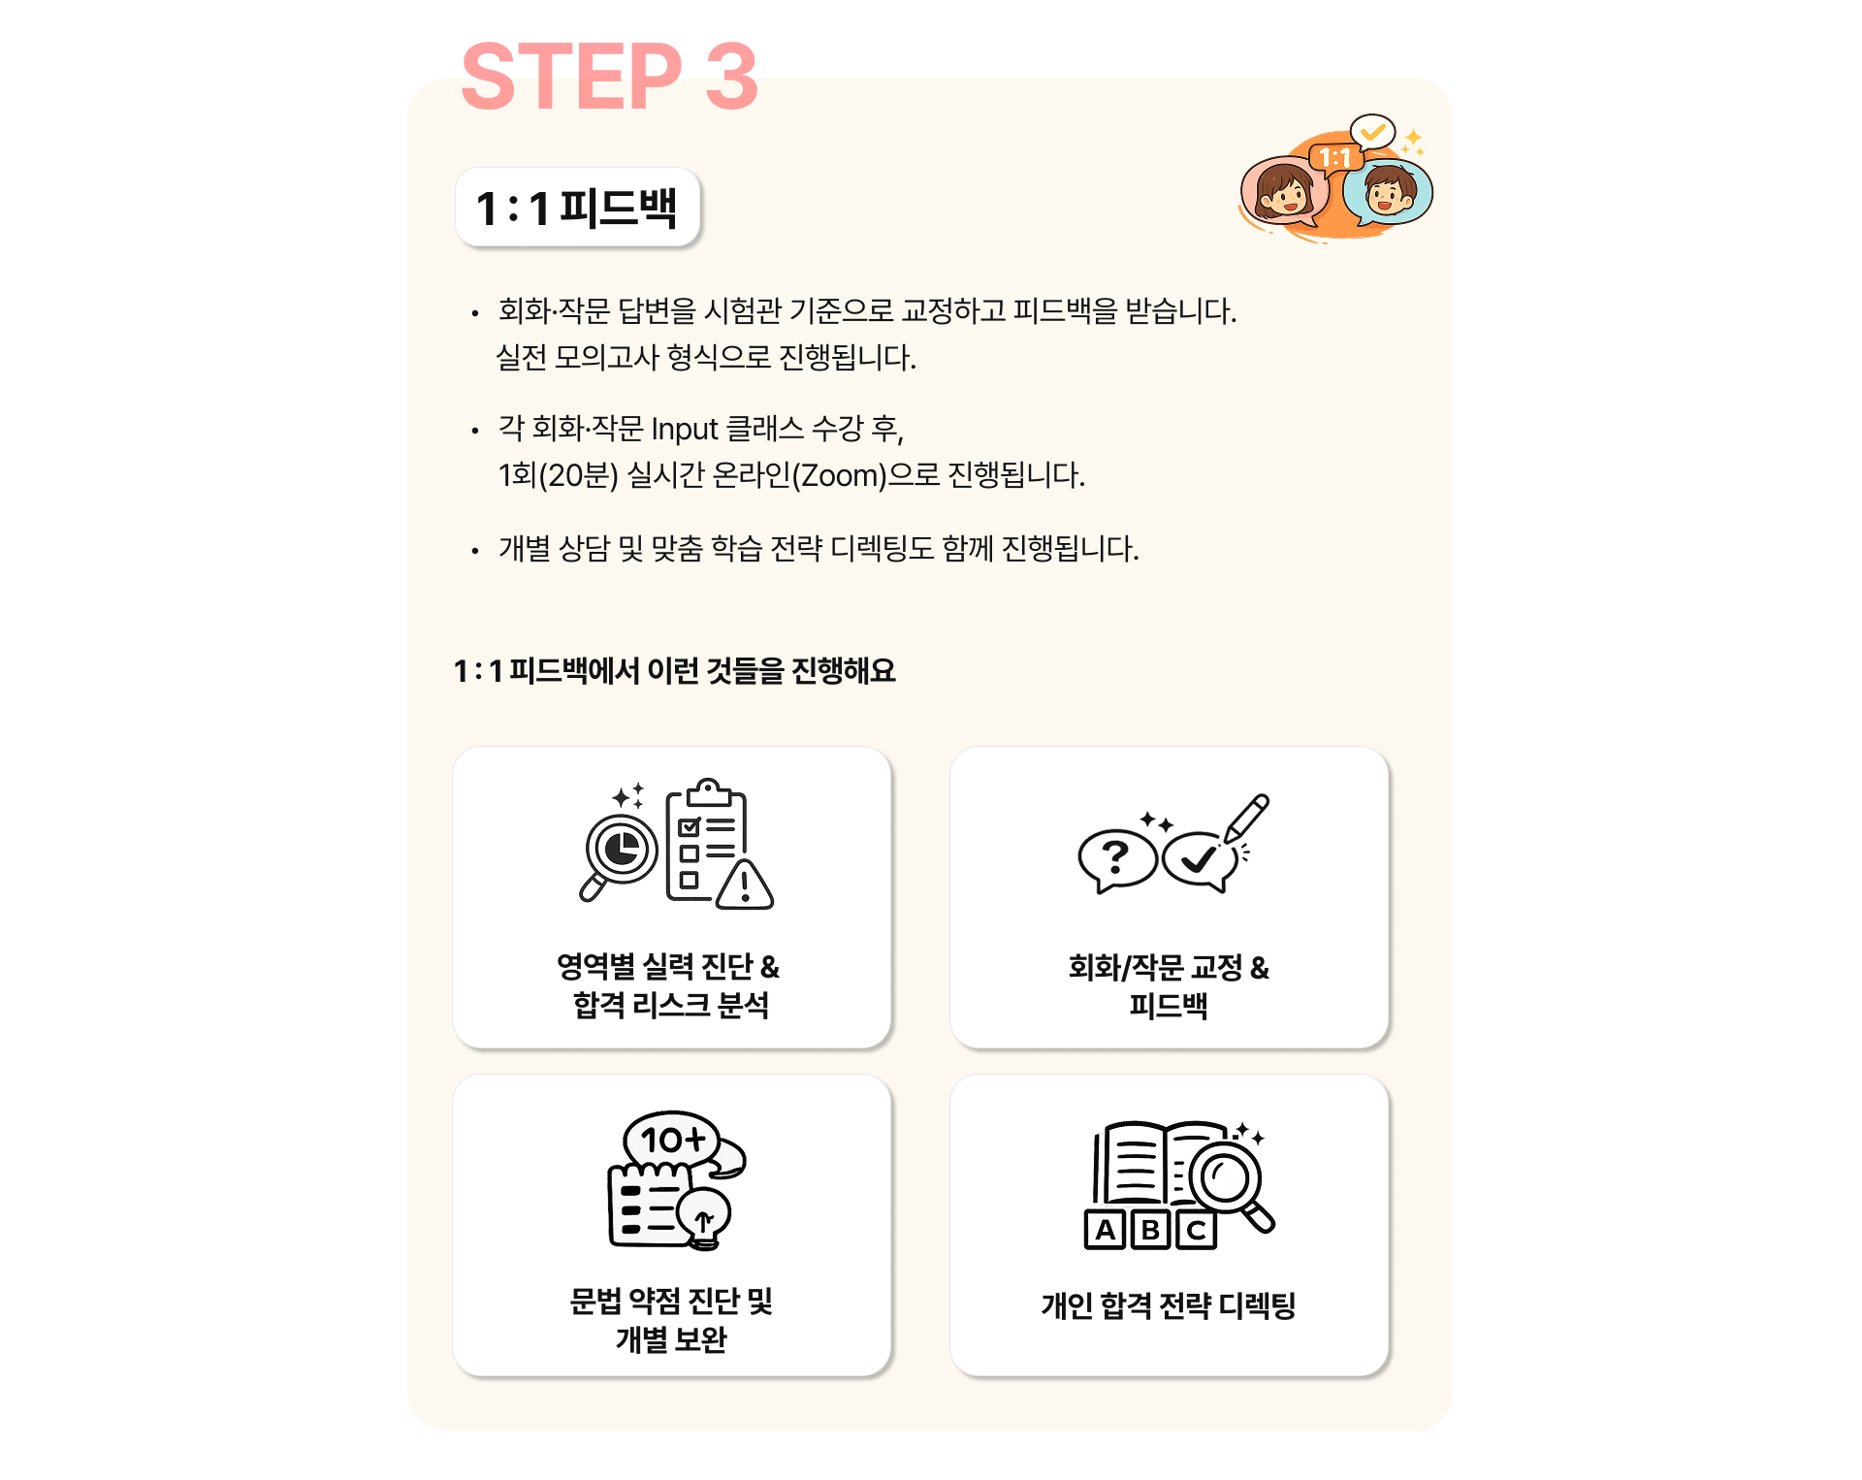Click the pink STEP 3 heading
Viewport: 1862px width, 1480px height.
(609, 77)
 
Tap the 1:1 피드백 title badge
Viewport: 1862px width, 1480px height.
(578, 207)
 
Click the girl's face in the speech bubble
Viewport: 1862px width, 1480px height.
(1283, 191)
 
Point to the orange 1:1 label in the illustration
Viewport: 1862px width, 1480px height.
(1334, 157)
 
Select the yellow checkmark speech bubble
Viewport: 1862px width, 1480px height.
(1372, 132)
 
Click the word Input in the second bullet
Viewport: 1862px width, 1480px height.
(685, 429)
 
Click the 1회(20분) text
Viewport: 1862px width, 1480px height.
(558, 475)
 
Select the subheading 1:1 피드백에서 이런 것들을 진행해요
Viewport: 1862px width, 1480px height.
(675, 670)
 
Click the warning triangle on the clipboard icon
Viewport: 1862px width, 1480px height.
(745, 884)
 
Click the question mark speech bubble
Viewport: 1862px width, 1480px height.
(1117, 859)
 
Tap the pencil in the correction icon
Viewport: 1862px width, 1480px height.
(1246, 819)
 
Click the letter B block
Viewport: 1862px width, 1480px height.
(1150, 1230)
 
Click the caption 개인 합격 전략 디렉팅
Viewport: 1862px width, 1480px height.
(1169, 1305)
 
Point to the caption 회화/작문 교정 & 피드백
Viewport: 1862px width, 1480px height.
(1169, 985)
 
